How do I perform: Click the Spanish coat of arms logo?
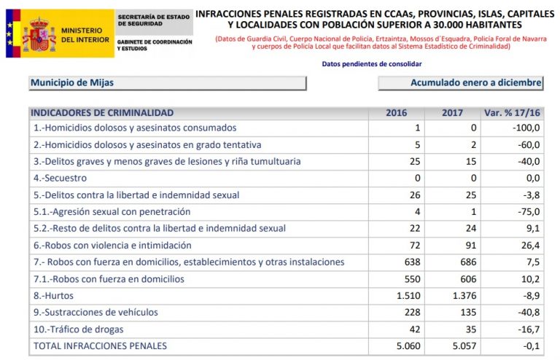pyautogui.click(x=34, y=34)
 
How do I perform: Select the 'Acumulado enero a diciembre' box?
pyautogui.click(x=461, y=83)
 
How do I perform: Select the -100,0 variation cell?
pyautogui.click(x=525, y=128)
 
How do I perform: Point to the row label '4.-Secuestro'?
pyautogui.click(x=60, y=178)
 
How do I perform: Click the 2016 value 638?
pyautogui.click(x=413, y=262)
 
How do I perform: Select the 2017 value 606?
pyautogui.click(x=467, y=278)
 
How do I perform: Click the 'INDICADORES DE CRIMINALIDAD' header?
pyautogui.click(x=102, y=113)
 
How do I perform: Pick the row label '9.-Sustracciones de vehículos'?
pyautogui.click(x=96, y=312)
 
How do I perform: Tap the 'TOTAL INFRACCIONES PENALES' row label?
pyautogui.click(x=100, y=345)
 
